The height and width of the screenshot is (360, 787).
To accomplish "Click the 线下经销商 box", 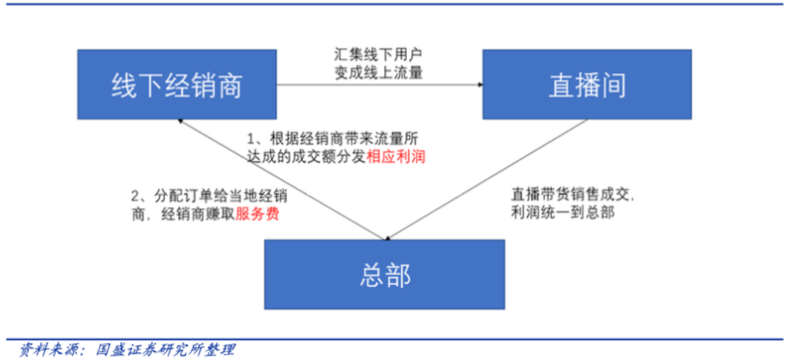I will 176,85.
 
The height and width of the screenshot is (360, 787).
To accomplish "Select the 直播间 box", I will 587,85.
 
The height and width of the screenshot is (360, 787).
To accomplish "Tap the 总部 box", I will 384,275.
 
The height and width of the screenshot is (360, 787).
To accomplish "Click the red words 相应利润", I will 396,157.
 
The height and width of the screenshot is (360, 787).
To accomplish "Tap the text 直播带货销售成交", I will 573,195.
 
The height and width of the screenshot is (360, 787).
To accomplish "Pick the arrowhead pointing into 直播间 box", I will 479,85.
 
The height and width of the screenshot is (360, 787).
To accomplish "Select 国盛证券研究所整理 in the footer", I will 165,349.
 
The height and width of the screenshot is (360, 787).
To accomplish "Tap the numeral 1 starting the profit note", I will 249,138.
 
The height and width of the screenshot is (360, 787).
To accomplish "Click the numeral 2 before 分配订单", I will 134,197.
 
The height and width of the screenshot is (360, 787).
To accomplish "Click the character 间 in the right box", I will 613,85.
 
